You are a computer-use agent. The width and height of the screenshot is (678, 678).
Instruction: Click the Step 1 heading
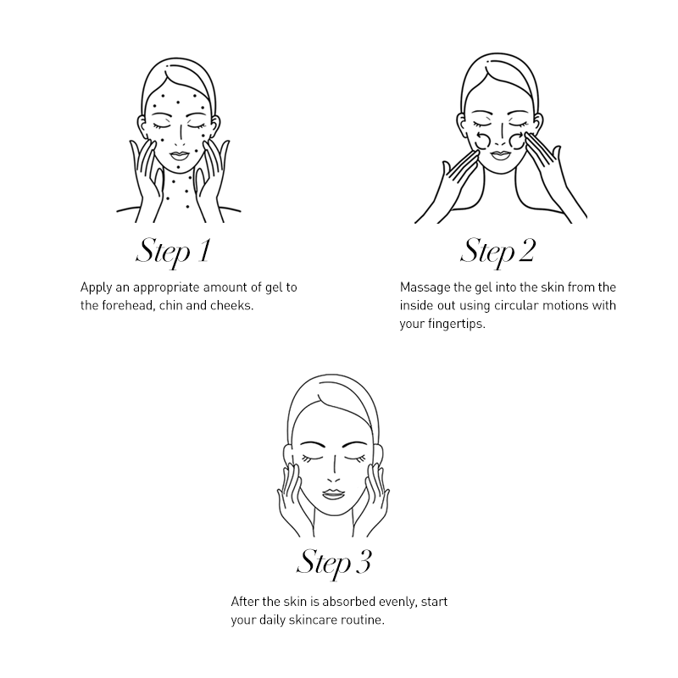click(173, 251)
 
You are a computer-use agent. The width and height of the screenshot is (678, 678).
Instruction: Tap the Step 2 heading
click(497, 251)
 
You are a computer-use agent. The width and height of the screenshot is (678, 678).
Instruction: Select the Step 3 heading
click(334, 563)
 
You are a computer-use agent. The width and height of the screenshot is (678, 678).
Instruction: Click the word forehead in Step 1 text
click(126, 305)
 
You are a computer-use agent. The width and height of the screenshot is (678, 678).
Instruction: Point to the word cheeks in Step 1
click(231, 305)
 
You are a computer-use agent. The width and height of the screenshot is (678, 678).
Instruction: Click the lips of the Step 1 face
click(179, 155)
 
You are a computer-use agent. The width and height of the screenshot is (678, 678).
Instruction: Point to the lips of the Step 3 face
click(333, 493)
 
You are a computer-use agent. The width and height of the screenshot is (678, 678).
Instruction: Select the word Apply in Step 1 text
click(96, 288)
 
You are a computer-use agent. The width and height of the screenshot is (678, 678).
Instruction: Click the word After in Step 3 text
click(244, 602)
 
